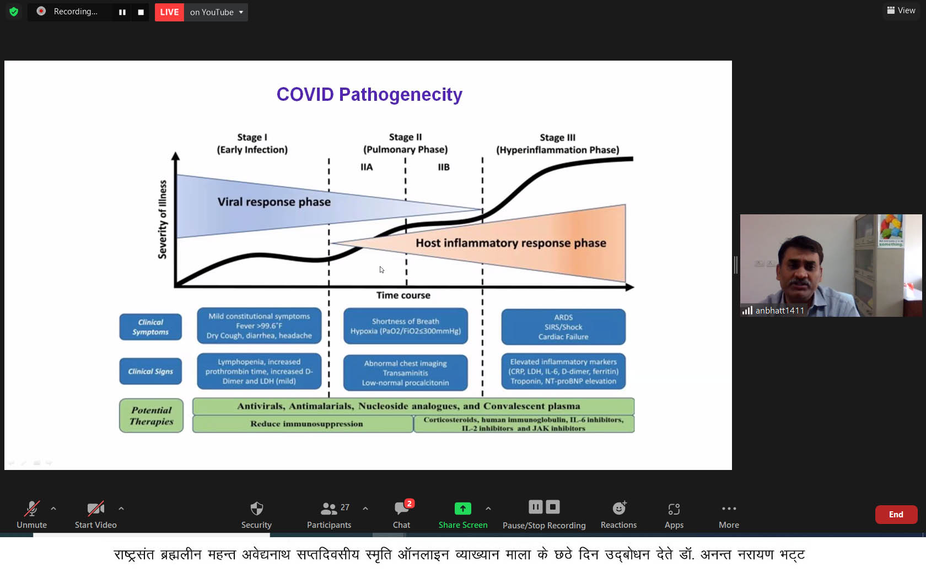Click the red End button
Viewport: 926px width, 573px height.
(896, 515)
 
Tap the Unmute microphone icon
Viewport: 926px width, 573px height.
(32, 509)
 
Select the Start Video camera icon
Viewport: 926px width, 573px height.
(95, 509)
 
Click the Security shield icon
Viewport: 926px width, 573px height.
(256, 509)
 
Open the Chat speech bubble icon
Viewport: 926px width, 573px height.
(401, 508)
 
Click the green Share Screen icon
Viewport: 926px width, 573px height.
(462, 509)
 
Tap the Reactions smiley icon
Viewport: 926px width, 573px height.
(619, 508)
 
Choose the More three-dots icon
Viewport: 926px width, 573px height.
(729, 509)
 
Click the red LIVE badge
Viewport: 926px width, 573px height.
(170, 12)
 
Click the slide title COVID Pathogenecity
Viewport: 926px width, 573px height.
(369, 95)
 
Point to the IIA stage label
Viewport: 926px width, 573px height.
(367, 167)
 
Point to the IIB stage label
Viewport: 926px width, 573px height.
(444, 167)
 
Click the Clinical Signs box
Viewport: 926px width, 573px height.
(150, 371)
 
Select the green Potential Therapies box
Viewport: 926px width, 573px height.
(151, 415)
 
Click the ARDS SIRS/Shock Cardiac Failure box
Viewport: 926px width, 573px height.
(563, 327)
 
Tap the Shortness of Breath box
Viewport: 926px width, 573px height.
(406, 326)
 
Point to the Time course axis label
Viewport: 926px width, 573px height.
(403, 295)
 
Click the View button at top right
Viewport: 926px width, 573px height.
(901, 10)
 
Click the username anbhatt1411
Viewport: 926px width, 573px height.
(779, 311)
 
